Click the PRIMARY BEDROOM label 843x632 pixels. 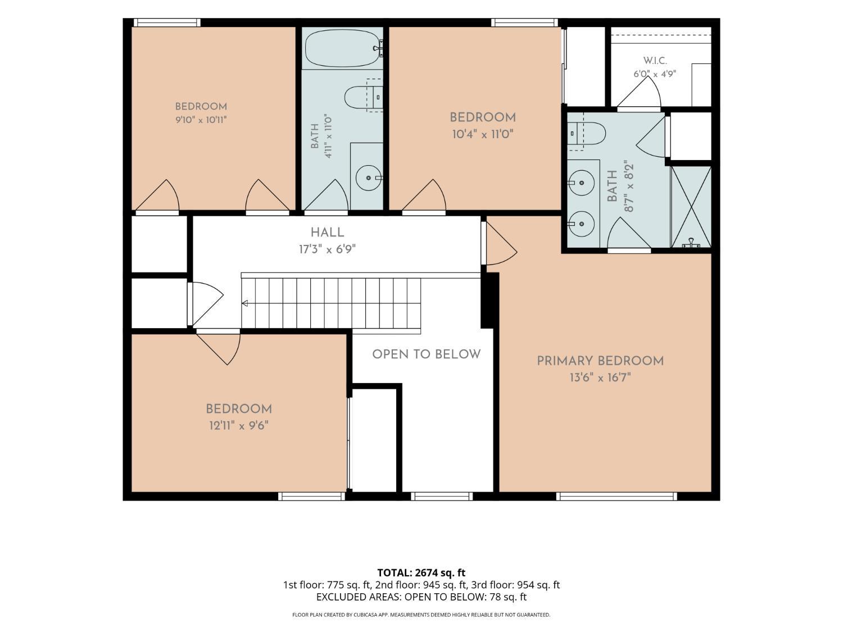(x=600, y=361)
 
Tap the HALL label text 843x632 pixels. (x=327, y=233)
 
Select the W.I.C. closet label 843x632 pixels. (x=655, y=61)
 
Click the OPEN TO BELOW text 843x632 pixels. (x=427, y=354)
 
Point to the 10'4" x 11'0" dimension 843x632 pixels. (x=483, y=134)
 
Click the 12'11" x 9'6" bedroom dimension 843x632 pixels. (x=238, y=426)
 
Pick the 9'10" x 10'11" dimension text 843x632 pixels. (x=201, y=120)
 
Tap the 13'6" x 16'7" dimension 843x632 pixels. (x=600, y=378)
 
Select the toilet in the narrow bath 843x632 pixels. (x=364, y=97)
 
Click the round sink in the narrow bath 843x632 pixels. (x=369, y=178)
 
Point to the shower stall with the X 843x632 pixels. (x=691, y=207)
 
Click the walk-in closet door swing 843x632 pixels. (x=639, y=92)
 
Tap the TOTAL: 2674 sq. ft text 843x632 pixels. (x=422, y=573)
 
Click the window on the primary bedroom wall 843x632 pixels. (x=617, y=497)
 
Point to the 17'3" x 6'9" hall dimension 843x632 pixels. (x=327, y=250)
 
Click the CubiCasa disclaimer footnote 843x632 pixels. (x=422, y=615)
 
